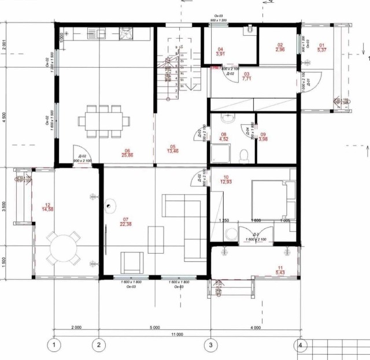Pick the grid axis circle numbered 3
210,345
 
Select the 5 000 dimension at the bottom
154,328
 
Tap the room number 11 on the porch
280,267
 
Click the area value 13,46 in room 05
172,150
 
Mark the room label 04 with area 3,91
220,49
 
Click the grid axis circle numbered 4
300,345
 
